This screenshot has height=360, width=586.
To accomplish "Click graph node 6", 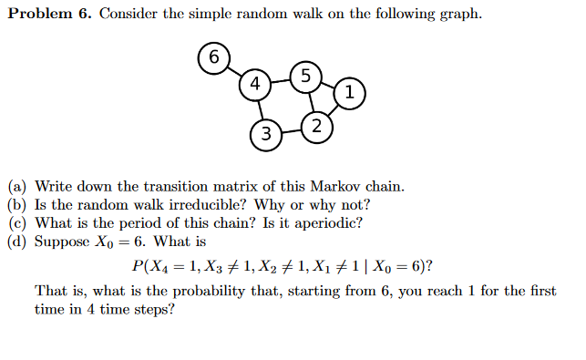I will [213, 57].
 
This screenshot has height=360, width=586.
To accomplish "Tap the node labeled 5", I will [305, 75].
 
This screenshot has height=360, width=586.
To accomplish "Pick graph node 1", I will [350, 91].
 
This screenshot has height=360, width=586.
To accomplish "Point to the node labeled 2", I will [315, 126].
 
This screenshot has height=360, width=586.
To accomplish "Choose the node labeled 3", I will [265, 135].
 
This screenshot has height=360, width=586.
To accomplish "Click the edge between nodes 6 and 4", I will [234, 71].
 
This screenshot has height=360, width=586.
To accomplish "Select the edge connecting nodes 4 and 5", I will [281, 79].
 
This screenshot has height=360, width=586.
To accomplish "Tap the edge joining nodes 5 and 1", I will [328, 83].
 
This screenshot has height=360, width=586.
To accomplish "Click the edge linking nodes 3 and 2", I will [291, 130].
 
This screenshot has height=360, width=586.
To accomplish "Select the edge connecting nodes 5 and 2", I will [310, 100].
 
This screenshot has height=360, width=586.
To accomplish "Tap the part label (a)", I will [17, 187].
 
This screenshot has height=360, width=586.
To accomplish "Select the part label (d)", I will [17, 242].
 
